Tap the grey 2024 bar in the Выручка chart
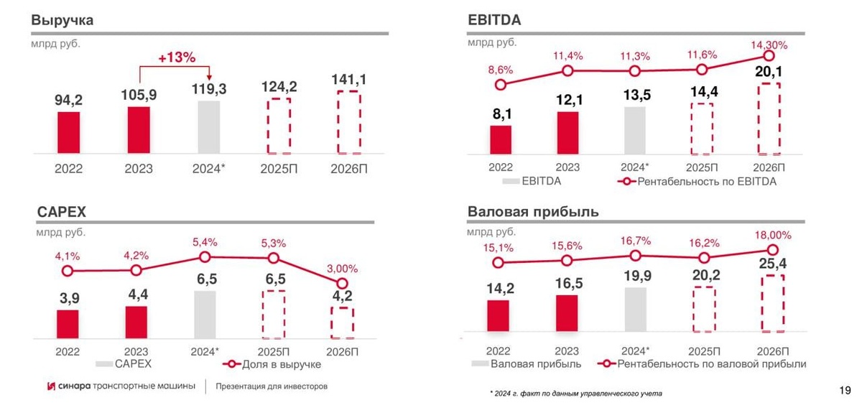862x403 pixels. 208,127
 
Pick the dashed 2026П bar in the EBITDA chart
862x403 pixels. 769,119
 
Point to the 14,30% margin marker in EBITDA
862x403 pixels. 769,55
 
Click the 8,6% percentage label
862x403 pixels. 501,70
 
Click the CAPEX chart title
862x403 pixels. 62,213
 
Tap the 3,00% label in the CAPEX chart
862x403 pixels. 343,268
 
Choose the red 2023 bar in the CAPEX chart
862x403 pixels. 136,322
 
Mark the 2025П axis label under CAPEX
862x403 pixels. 273,351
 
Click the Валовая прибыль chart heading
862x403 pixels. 533,212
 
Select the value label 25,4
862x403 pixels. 772,264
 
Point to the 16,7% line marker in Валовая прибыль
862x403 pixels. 635,255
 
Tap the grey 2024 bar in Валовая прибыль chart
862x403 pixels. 636,310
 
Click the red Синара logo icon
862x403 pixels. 51,386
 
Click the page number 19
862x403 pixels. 844,390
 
